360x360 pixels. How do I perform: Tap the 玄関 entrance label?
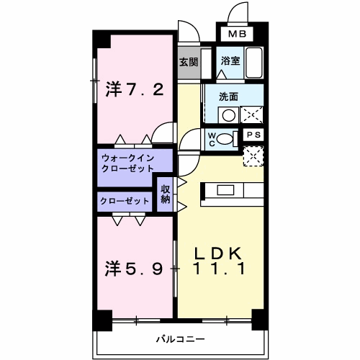pos(188,62)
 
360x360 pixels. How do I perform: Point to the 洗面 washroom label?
pos(230,96)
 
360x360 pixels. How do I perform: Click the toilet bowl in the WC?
pos(226,139)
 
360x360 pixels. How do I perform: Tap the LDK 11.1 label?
pos(220,261)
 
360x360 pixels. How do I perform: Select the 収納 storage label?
pos(165,194)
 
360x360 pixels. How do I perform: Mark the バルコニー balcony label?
pos(181,338)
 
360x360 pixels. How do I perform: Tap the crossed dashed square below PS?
pos(253,155)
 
